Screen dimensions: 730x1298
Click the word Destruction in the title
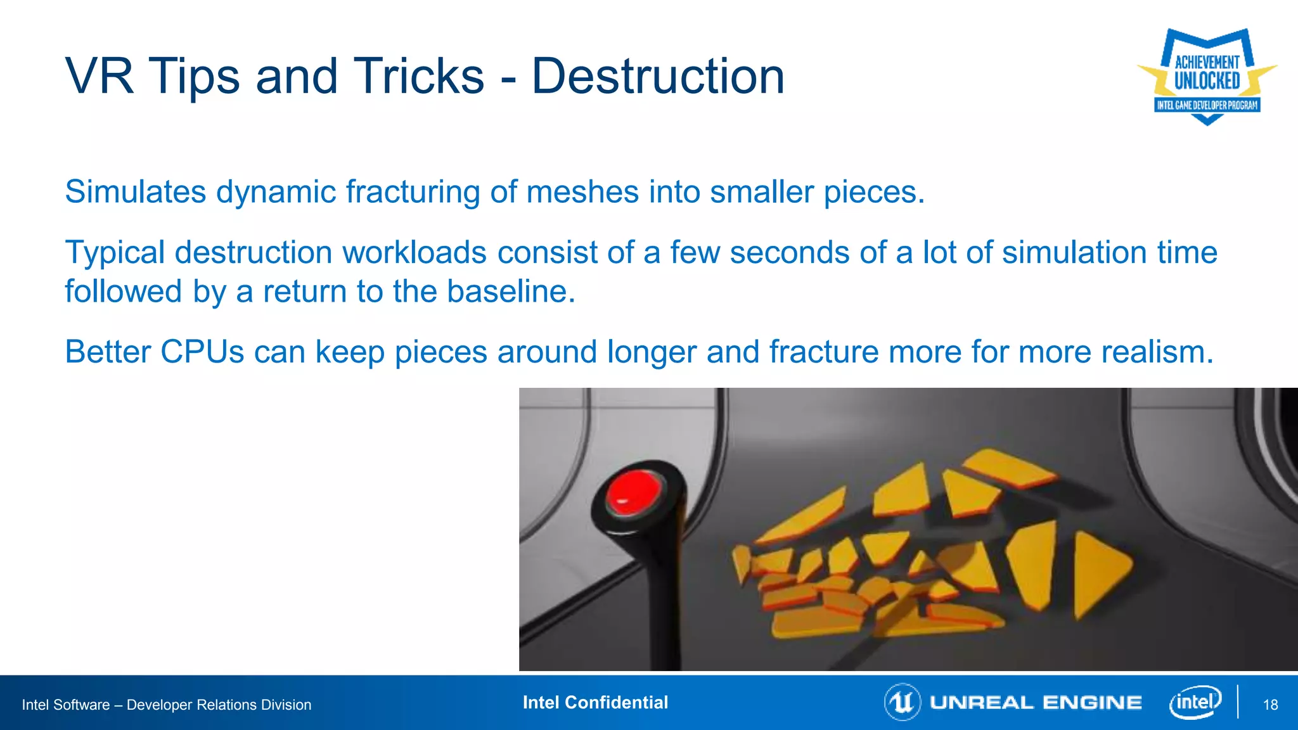(x=658, y=77)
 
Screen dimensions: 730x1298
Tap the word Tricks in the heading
(x=418, y=77)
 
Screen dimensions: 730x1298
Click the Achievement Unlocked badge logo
(x=1207, y=76)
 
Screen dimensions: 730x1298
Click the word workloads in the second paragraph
(x=414, y=253)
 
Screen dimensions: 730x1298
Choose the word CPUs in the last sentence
(x=202, y=352)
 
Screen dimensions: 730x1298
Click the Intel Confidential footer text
(x=595, y=703)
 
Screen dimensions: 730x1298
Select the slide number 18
(x=1270, y=705)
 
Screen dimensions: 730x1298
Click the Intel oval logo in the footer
(x=1195, y=702)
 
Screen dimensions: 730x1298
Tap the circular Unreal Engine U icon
(x=902, y=702)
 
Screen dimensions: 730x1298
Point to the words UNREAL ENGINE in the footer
(x=1036, y=703)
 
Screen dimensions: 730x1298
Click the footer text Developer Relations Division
(x=219, y=705)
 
